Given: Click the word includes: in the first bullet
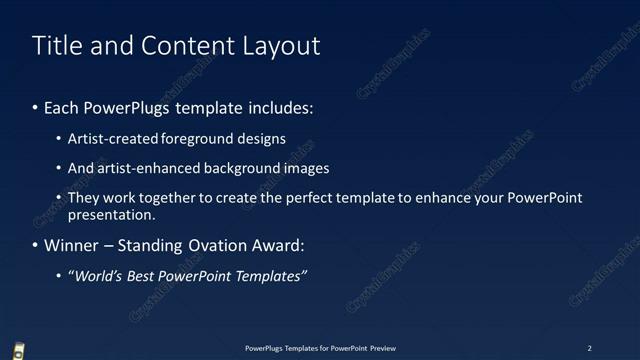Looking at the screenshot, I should coord(279,107).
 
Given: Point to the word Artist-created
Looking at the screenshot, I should coord(108,139).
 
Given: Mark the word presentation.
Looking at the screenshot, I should coord(111,215).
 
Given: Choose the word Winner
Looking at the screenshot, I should coord(73,245).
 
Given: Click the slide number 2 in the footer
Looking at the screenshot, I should coord(589,348).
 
